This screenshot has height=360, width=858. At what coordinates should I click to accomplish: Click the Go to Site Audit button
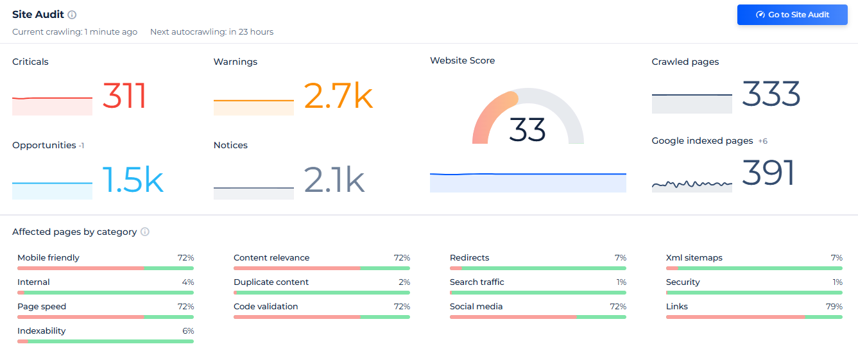click(793, 15)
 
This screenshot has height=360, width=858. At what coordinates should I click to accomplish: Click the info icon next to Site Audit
click(72, 15)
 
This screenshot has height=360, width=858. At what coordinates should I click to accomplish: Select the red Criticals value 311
click(124, 96)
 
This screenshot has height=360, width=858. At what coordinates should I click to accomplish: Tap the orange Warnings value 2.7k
click(338, 96)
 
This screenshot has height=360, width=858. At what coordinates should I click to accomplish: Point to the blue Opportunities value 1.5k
click(133, 180)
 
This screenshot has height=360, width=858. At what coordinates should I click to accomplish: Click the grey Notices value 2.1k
click(334, 180)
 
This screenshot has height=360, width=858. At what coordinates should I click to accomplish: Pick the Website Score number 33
click(527, 130)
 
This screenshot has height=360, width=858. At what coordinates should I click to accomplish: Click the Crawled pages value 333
click(771, 94)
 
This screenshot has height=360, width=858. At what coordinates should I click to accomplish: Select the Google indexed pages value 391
click(768, 173)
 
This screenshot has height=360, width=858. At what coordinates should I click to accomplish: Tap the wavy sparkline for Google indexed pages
click(692, 184)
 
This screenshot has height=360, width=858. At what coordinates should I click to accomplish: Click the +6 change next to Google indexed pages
click(762, 141)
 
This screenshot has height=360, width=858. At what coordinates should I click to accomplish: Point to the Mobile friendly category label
click(48, 258)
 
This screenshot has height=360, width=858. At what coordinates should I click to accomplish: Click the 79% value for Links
click(834, 307)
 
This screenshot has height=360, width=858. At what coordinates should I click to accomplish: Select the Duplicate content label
click(271, 282)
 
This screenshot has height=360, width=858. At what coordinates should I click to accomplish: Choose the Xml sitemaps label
click(694, 258)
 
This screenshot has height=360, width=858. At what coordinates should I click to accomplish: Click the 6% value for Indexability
click(187, 331)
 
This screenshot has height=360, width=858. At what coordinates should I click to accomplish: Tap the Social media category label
click(476, 307)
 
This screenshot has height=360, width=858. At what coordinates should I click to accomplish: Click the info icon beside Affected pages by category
click(145, 232)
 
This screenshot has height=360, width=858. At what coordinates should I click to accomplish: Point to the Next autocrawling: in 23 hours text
click(212, 32)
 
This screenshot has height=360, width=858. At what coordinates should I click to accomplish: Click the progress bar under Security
click(754, 293)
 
